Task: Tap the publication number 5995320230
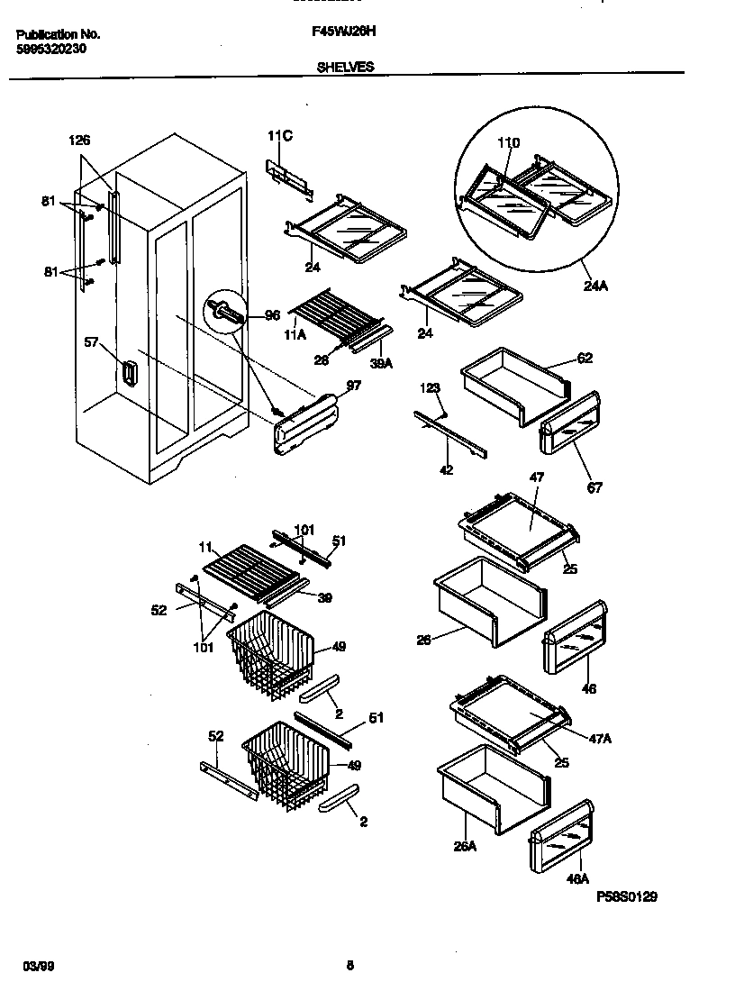tap(51, 50)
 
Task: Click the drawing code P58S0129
tap(627, 896)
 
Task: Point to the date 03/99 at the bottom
tap(33, 966)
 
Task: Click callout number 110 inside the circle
tap(509, 143)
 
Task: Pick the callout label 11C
tap(280, 136)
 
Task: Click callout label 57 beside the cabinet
tap(92, 342)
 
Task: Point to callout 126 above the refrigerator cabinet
tap(79, 141)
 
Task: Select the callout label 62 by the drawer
tap(585, 358)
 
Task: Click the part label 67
tap(594, 487)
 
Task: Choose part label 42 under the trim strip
tap(447, 469)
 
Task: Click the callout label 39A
tap(382, 363)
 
